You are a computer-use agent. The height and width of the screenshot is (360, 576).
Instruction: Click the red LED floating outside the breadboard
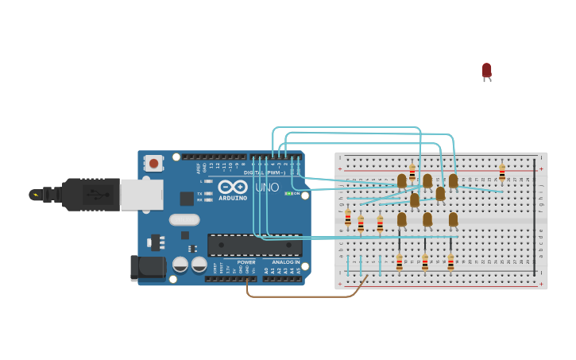(x=487, y=71)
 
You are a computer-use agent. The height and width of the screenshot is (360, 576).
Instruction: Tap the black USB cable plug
(x=87, y=194)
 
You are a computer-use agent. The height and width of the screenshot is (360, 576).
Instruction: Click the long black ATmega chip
(x=254, y=245)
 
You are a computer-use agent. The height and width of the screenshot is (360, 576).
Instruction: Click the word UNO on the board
(x=267, y=188)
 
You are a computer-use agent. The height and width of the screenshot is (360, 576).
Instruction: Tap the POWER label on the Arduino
(x=246, y=262)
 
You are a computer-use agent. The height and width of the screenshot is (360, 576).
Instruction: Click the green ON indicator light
(x=288, y=193)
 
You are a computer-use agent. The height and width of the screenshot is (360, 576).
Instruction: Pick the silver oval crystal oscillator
(x=184, y=220)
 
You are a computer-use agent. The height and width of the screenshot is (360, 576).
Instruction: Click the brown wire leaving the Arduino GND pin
(x=302, y=296)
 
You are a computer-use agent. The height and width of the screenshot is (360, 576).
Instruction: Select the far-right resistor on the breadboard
(x=502, y=172)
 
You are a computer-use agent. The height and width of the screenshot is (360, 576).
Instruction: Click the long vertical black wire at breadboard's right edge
(x=535, y=215)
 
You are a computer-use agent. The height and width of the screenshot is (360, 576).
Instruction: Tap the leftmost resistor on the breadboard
(x=348, y=218)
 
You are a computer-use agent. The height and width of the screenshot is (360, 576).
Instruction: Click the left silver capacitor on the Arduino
(x=180, y=264)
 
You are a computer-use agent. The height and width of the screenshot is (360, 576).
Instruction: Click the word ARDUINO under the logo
(x=233, y=198)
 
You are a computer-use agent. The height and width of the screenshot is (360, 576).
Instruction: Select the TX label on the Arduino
(x=199, y=193)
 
